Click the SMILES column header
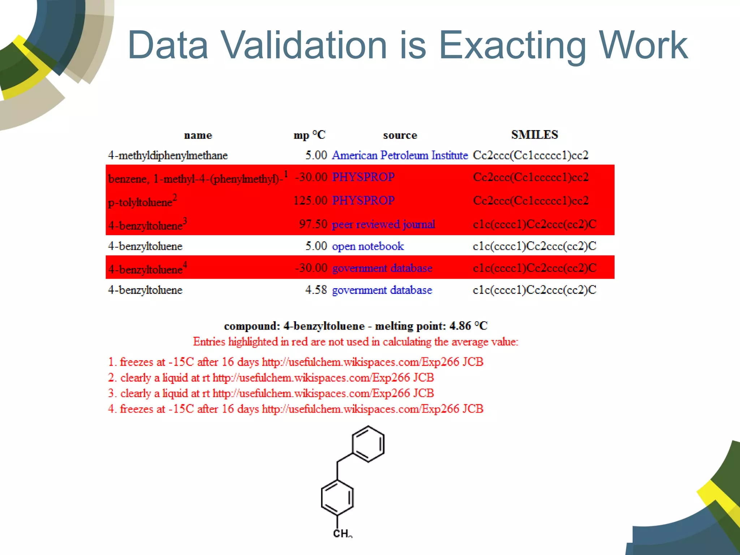click(x=534, y=135)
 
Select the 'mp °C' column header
click(x=309, y=135)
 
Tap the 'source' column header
click(x=400, y=135)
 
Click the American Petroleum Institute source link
click(x=400, y=155)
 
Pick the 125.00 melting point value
click(x=310, y=200)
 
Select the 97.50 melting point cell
click(x=313, y=224)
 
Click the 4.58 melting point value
click(x=316, y=290)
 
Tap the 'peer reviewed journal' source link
click(x=383, y=224)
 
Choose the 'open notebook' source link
click(x=368, y=246)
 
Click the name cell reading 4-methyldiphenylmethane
click(x=168, y=155)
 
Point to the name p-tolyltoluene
click(x=140, y=202)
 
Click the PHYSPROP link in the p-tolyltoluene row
click(x=363, y=200)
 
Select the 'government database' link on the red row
click(x=382, y=268)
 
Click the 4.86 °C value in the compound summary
click(x=468, y=326)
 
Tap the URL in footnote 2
click(x=323, y=378)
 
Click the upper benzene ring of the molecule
click(x=368, y=444)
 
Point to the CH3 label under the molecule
click(x=342, y=533)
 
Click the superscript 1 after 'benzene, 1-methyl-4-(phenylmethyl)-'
click(x=286, y=174)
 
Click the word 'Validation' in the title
click(x=304, y=45)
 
